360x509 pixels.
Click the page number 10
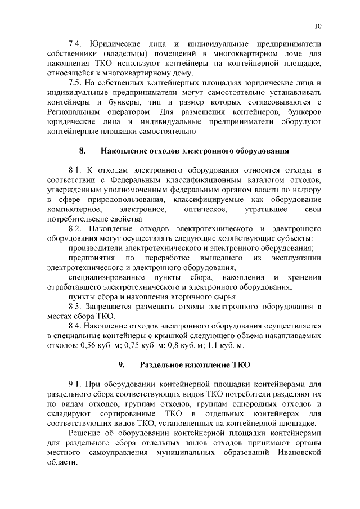click(x=318, y=26)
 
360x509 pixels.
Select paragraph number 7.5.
click(x=75, y=83)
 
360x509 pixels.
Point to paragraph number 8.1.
click(x=75, y=169)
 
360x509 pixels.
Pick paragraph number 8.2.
click(x=75, y=229)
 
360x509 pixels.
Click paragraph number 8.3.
click(x=75, y=307)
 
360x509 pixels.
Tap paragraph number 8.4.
click(x=75, y=326)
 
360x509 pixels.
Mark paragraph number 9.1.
click(x=75, y=384)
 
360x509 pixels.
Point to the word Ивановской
click(x=293, y=452)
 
